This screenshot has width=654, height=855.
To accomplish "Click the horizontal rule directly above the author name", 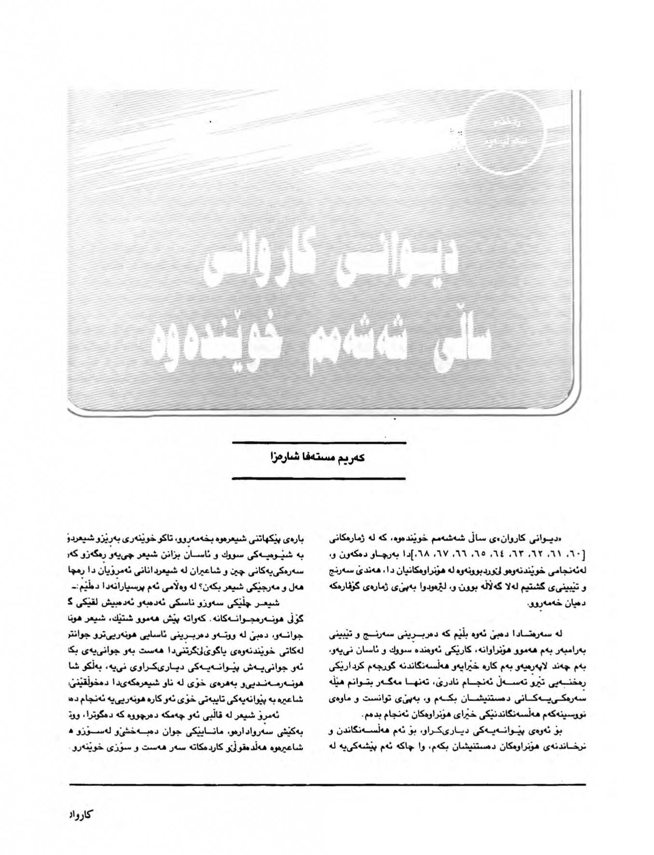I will [319, 442].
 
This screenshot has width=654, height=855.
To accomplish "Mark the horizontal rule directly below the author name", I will [319, 478].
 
